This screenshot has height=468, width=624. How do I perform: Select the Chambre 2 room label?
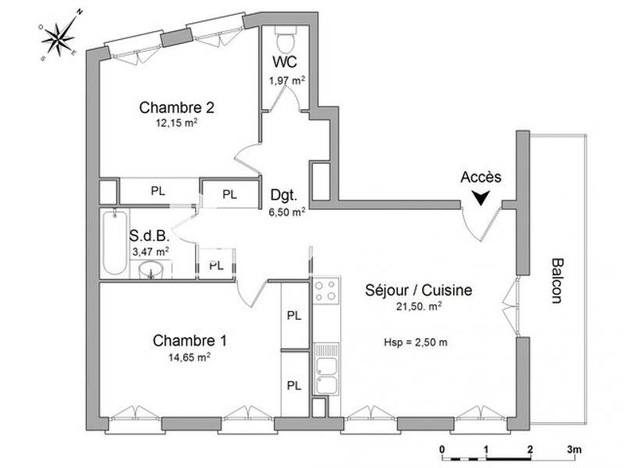[x=176, y=107]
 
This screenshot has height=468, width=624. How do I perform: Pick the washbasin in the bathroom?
[x=152, y=271]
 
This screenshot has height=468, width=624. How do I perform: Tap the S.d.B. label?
[x=144, y=235]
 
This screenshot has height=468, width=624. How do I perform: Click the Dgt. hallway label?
[x=283, y=195]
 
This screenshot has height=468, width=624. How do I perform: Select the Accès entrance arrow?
[x=483, y=198]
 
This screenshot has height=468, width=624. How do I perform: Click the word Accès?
[x=480, y=177]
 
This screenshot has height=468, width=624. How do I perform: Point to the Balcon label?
[x=557, y=280]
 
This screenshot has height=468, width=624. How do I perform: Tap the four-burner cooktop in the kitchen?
[x=324, y=291]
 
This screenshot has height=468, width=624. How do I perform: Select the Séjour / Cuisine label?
[x=418, y=290]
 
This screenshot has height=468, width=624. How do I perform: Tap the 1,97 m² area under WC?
[x=287, y=79]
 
